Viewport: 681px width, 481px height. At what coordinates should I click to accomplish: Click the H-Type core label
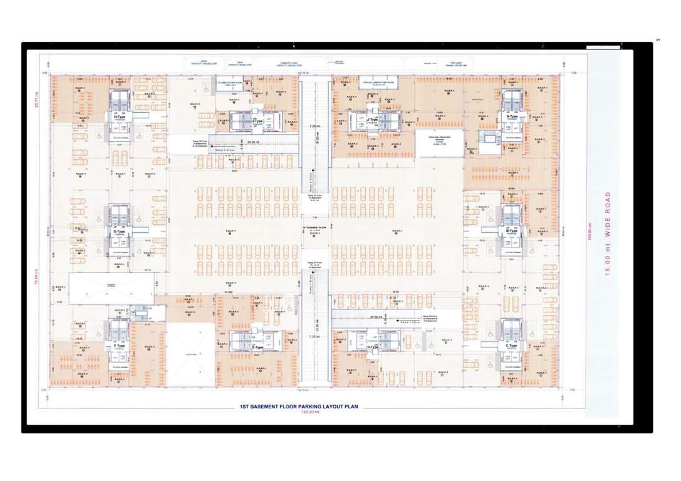coord(118,116)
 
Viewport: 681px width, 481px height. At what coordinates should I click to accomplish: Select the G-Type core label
coord(118,232)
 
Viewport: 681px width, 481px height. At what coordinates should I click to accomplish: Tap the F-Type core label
coord(119,346)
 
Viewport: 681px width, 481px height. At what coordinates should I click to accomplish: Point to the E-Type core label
coord(257,347)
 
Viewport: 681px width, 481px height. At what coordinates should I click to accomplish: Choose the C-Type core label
coord(511,345)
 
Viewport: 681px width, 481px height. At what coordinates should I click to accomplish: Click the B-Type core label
coord(511,231)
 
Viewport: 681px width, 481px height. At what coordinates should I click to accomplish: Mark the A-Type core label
coord(512,116)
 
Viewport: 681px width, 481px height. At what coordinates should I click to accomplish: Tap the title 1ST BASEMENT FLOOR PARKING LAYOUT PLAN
coord(298,406)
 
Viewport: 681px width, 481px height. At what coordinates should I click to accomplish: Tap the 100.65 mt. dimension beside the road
coord(589,231)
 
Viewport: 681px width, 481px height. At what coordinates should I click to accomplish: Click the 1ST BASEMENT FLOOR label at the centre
coord(315,227)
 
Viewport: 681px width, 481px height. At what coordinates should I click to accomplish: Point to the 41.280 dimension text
coord(228,292)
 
